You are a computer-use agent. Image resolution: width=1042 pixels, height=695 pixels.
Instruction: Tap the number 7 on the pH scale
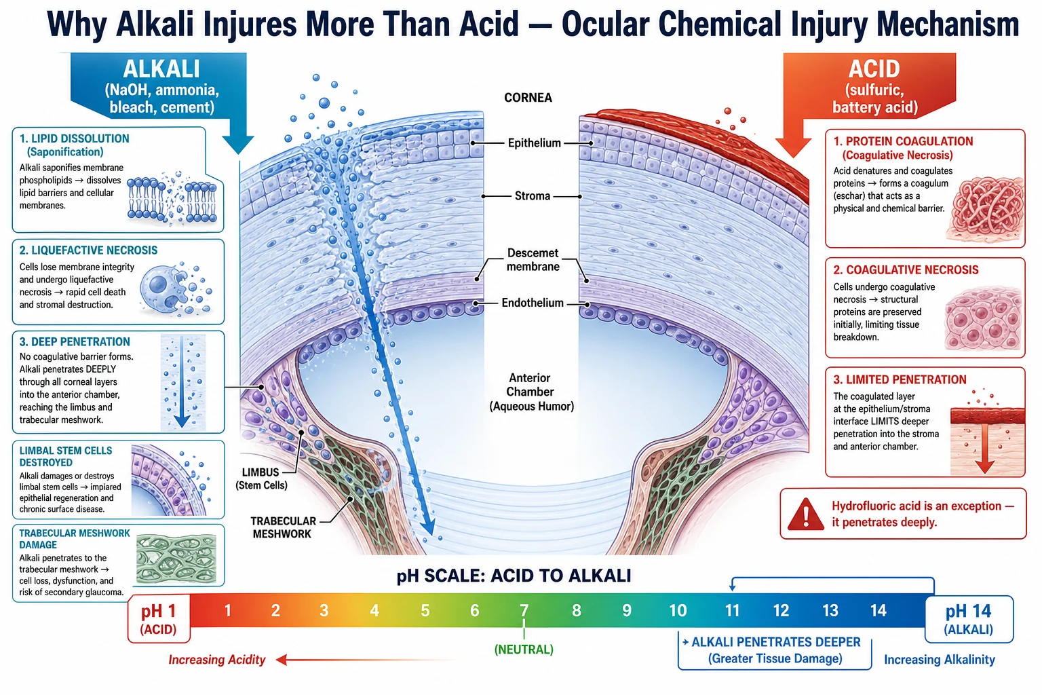(524, 609)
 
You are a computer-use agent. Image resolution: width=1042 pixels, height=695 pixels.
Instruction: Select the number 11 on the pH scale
(732, 609)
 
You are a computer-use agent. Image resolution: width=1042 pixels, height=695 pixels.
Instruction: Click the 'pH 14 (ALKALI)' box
(969, 619)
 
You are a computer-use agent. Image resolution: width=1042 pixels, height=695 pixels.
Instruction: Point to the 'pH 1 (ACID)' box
(159, 619)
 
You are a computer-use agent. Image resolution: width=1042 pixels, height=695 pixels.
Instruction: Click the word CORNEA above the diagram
(528, 98)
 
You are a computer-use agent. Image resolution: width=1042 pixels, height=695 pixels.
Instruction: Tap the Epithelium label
(534, 143)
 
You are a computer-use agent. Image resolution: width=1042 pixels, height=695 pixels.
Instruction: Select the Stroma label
(532, 196)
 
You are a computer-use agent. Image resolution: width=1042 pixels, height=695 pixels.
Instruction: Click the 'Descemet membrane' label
(533, 260)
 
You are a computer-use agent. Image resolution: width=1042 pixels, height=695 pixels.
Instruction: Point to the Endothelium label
(533, 303)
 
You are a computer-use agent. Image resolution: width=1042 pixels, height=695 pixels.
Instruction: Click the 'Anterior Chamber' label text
(530, 385)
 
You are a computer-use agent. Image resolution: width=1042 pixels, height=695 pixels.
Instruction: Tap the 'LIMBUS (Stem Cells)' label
(261, 478)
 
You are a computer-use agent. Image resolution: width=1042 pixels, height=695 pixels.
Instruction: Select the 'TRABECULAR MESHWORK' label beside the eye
(283, 527)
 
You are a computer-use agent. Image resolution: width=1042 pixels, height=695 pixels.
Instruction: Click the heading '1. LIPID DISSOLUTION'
(75, 138)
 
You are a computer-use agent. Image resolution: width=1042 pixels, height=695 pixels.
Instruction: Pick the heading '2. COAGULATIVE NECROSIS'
(906, 270)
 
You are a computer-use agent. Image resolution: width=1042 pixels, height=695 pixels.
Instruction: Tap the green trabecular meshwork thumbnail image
(176, 559)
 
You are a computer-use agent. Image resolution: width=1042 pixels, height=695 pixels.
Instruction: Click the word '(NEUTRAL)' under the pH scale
(524, 650)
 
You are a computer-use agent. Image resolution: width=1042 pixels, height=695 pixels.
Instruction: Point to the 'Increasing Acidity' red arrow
(368, 660)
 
